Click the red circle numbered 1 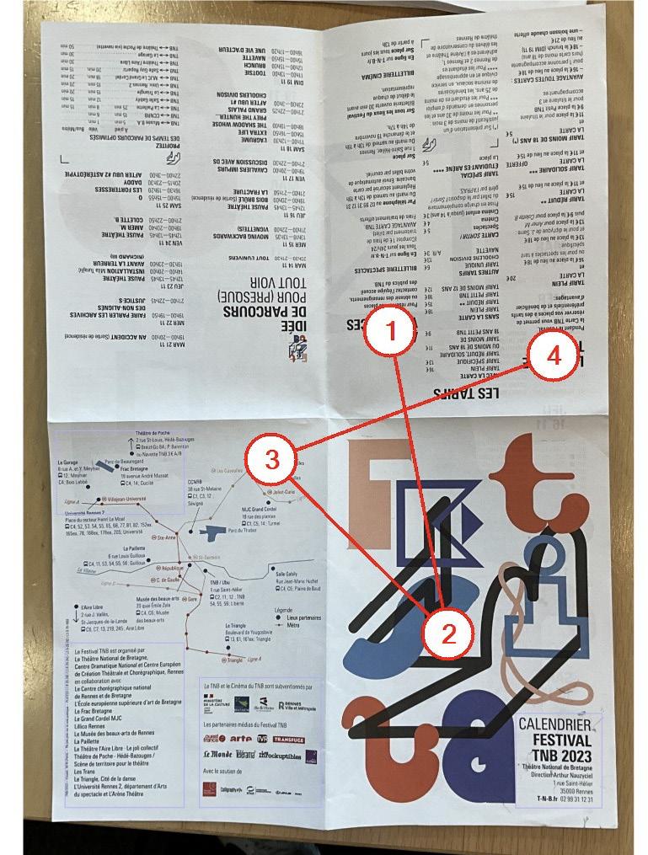[389, 330]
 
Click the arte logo [240, 739]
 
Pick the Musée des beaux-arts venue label [158, 598]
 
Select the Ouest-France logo [215, 739]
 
